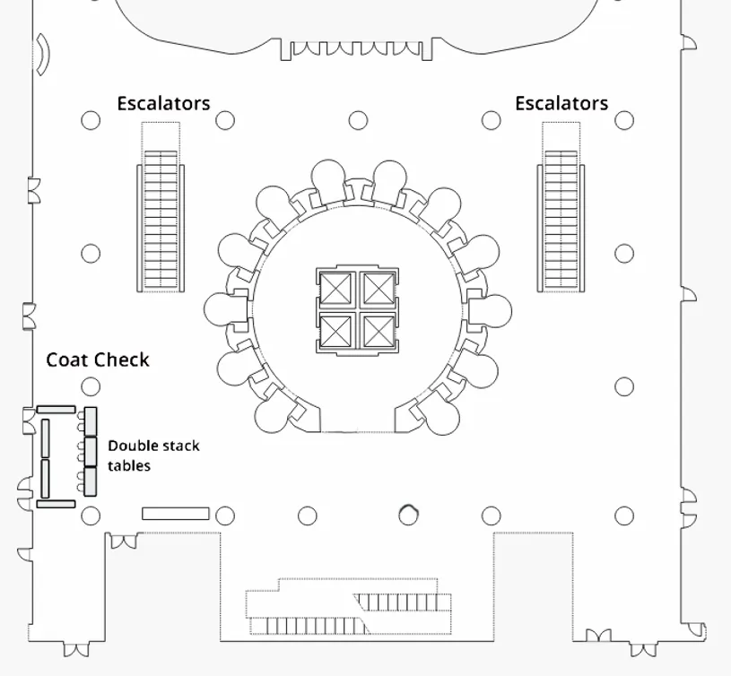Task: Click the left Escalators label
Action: click(163, 103)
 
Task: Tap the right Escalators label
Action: click(561, 103)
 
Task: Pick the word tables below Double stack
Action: click(129, 465)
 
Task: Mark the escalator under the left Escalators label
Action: click(161, 221)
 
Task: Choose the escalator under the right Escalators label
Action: click(561, 221)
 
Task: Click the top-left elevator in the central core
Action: click(335, 289)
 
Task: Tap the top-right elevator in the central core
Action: click(379, 289)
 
